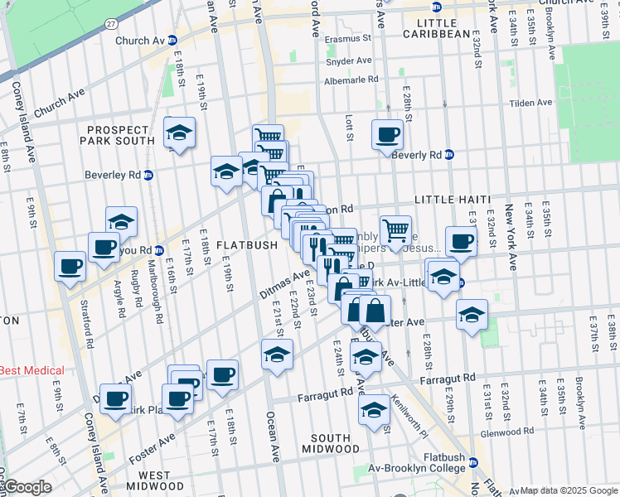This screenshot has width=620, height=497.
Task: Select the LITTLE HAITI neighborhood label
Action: point(452,200)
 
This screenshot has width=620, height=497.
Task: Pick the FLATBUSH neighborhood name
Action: point(247,245)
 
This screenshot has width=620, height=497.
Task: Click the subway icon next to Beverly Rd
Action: point(448,154)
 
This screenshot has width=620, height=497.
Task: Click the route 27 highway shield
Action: point(110,27)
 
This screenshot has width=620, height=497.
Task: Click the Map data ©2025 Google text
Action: point(568,491)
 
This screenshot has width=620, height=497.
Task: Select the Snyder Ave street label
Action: point(349,60)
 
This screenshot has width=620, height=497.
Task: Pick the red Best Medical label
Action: point(31,370)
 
